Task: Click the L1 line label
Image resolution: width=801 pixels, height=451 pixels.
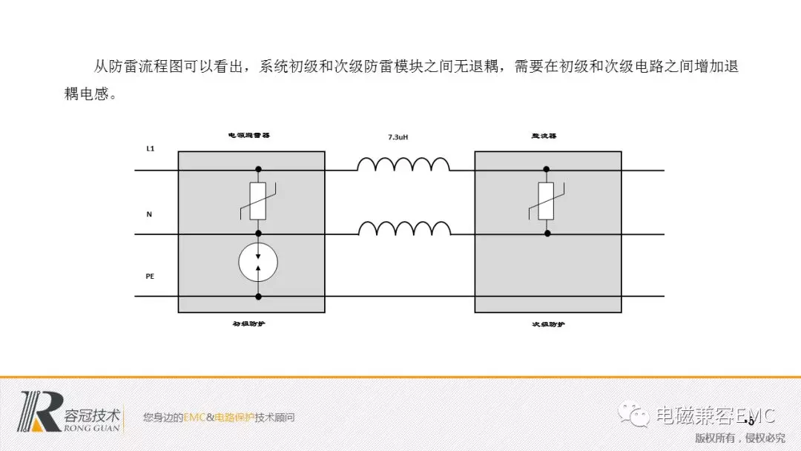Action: (150, 149)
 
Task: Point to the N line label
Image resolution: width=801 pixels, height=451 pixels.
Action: (149, 214)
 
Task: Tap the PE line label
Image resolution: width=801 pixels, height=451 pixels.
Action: (150, 276)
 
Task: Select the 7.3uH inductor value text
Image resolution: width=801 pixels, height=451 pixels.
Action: (398, 137)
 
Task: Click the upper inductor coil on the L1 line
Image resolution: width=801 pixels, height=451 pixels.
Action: (403, 164)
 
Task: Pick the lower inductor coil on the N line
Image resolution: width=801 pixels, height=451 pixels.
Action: (403, 228)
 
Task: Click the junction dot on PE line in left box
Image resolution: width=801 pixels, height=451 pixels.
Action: (258, 297)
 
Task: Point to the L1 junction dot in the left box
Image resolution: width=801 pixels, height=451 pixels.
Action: (258, 170)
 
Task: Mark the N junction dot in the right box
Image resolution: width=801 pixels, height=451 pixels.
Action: (547, 233)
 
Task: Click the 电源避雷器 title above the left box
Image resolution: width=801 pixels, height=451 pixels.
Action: (248, 136)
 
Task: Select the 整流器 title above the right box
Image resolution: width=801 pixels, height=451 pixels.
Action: (544, 136)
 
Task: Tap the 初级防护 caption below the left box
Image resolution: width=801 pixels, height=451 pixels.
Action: (248, 323)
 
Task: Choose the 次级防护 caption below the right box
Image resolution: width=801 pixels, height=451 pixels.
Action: (548, 323)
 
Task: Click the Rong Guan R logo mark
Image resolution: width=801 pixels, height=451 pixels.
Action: (42, 411)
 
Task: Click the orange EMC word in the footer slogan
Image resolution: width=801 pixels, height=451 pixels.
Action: (194, 418)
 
